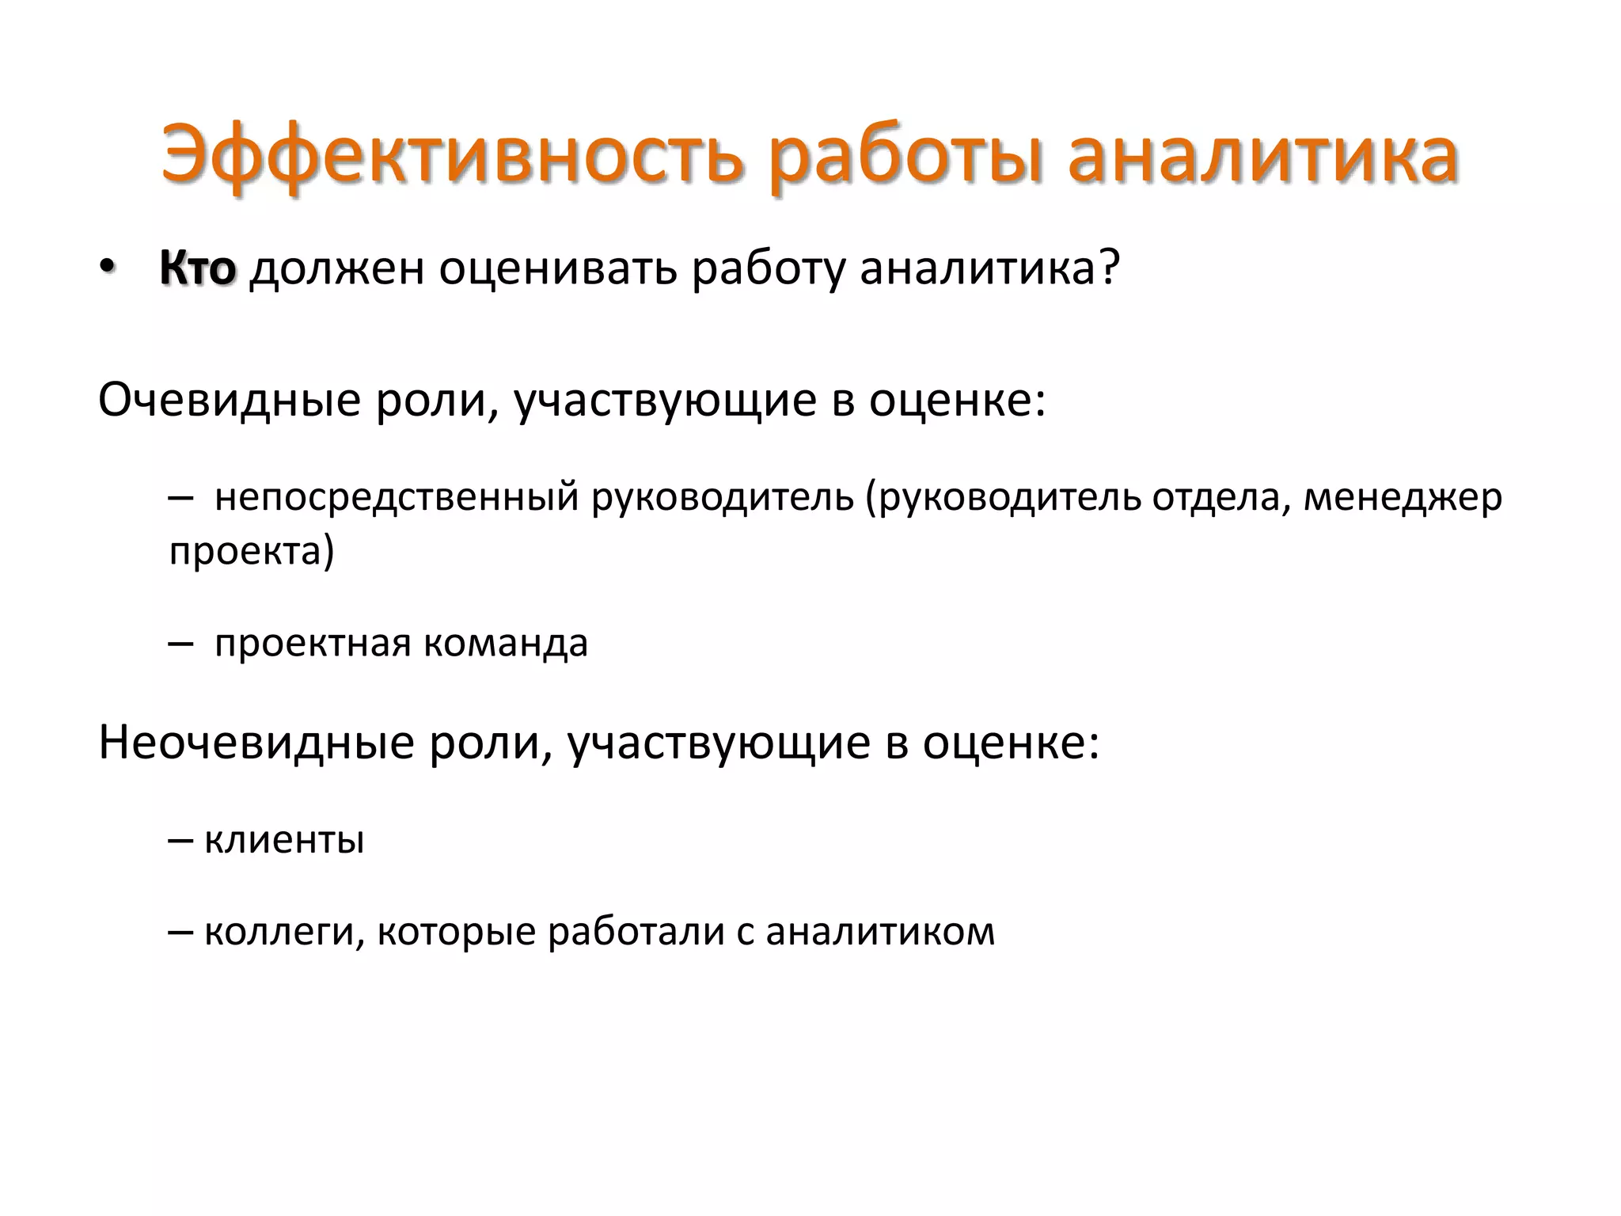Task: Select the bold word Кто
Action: (198, 268)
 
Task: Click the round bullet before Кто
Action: (108, 268)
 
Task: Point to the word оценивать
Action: (559, 268)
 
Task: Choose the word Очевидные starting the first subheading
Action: (230, 400)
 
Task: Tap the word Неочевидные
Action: (256, 743)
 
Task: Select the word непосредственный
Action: (397, 498)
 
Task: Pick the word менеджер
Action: (1403, 498)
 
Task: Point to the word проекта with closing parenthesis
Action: (252, 551)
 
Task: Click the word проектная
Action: (313, 643)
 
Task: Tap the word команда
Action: (506, 643)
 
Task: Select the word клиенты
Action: (284, 840)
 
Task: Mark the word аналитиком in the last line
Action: (880, 932)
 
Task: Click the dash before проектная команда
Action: (180, 644)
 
